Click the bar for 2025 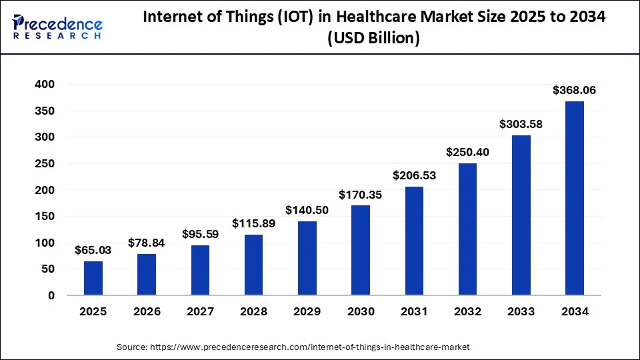(93, 278)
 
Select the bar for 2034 (575, 198)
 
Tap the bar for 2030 (361, 250)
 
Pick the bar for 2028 (254, 265)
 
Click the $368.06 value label (574, 90)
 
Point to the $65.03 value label (93, 250)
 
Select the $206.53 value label (414, 175)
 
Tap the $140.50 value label (307, 210)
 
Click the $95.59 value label (200, 234)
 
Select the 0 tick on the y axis (51, 295)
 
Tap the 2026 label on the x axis (147, 311)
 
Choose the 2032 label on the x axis (467, 311)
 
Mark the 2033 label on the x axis (521, 311)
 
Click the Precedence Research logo (57, 27)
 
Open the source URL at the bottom (293, 347)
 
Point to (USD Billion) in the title (374, 39)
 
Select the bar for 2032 (467, 229)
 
